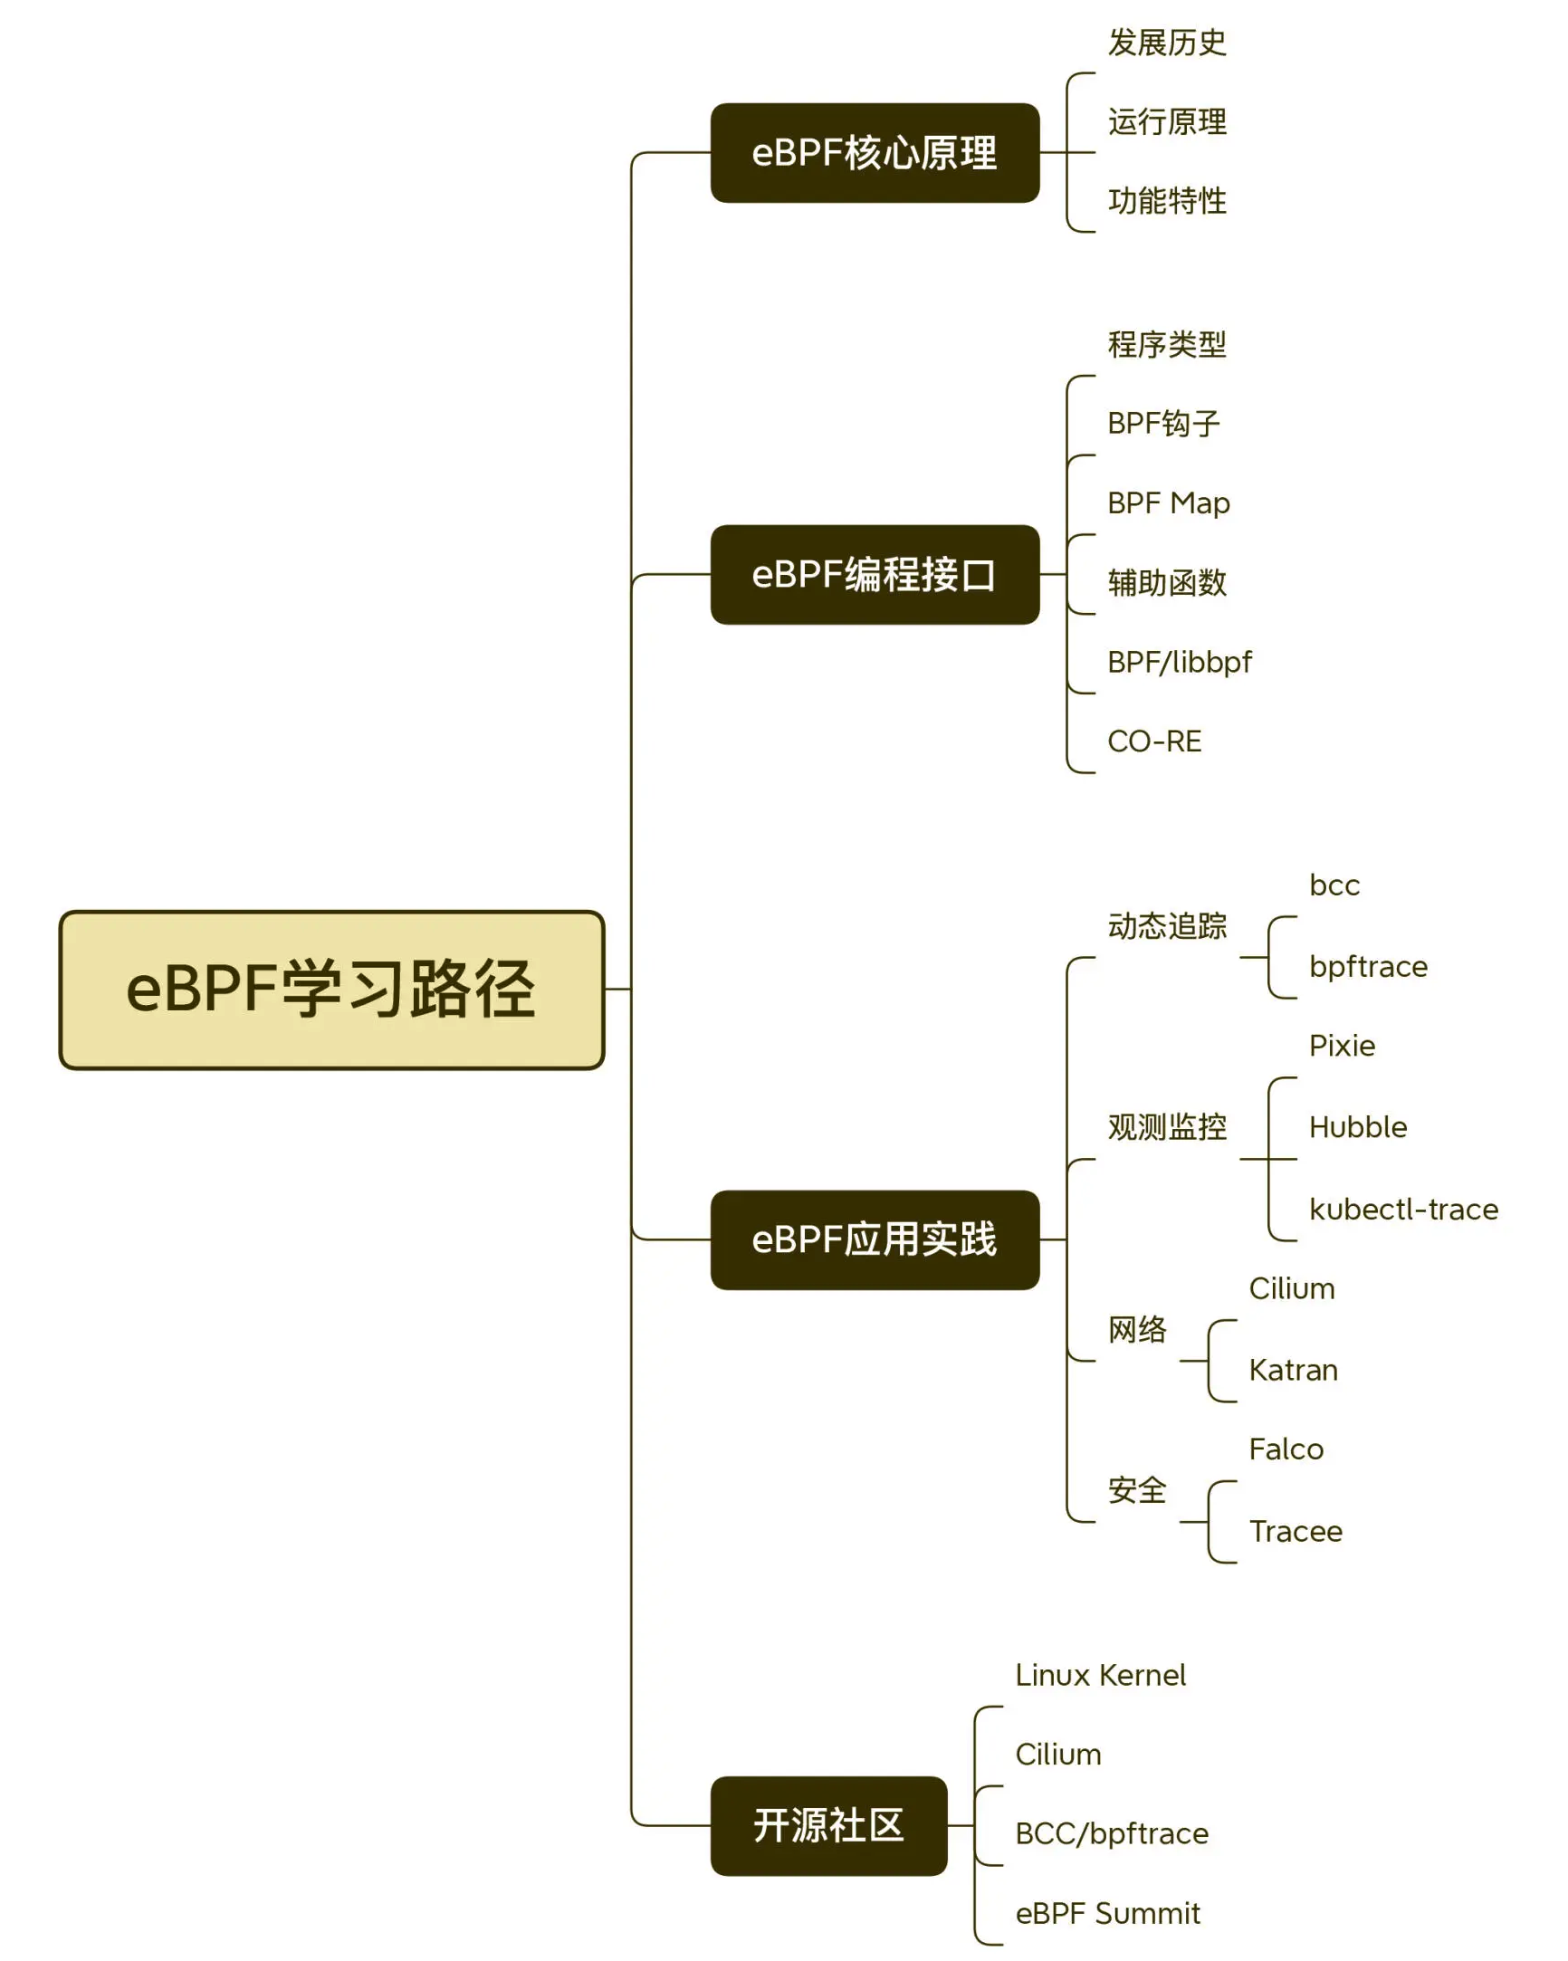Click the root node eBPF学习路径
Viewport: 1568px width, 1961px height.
click(x=331, y=990)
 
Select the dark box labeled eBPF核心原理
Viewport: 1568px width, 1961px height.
click(x=874, y=153)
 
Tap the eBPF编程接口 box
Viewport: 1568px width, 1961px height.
click(x=874, y=575)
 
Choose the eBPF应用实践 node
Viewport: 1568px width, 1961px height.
click(x=874, y=1239)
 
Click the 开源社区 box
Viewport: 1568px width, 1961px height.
click(x=828, y=1825)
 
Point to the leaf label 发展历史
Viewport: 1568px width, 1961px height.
click(x=1167, y=43)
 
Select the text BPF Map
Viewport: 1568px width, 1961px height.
click(x=1168, y=503)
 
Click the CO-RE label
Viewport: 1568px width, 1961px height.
click(x=1154, y=741)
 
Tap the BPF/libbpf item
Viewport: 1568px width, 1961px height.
click(x=1179, y=662)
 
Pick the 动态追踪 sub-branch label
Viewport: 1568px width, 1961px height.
click(x=1167, y=926)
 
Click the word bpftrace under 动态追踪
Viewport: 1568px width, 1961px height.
click(x=1368, y=967)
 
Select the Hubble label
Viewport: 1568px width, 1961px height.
click(x=1358, y=1128)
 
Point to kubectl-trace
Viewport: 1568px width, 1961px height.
click(x=1403, y=1210)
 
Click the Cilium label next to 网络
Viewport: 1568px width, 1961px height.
click(x=1292, y=1289)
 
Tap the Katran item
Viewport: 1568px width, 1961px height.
click(x=1293, y=1370)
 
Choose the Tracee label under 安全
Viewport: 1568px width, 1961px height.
click(x=1296, y=1532)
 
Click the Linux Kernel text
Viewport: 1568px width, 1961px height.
click(x=1100, y=1676)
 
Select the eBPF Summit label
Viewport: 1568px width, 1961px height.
click(x=1107, y=1913)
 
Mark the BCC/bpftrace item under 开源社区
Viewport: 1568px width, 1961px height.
click(x=1112, y=1833)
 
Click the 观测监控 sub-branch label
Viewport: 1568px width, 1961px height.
click(x=1167, y=1128)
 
